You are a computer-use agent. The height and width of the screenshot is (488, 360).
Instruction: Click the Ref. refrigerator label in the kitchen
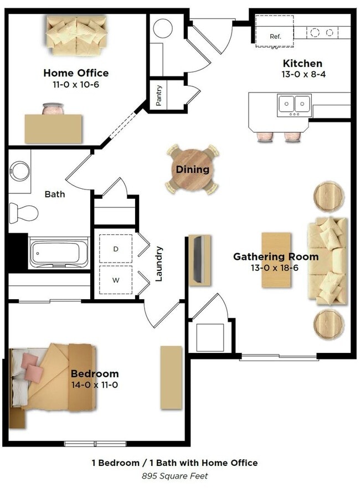pos(275,36)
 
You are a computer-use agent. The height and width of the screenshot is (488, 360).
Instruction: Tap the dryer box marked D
pos(116,249)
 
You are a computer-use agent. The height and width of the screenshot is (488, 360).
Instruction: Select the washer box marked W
pos(116,280)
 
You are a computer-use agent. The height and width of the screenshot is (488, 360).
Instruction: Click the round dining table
pos(193,169)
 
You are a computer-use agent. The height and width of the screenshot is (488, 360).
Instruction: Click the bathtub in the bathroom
pos(59,253)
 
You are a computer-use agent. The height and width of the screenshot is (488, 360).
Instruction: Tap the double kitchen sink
pos(294,104)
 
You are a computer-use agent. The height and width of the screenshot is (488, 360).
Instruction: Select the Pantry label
pos(159,95)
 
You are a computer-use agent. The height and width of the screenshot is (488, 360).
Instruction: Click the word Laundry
pos(159,264)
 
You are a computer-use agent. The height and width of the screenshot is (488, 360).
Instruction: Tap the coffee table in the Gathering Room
pos(276,260)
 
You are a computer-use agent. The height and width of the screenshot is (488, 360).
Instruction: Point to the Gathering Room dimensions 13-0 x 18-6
pos(275,268)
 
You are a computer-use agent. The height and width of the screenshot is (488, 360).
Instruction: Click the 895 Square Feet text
pos(174,475)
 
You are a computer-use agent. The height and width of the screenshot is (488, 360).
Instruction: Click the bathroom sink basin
pos(20,171)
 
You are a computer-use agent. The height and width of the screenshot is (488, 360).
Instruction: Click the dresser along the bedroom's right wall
pos(171,378)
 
